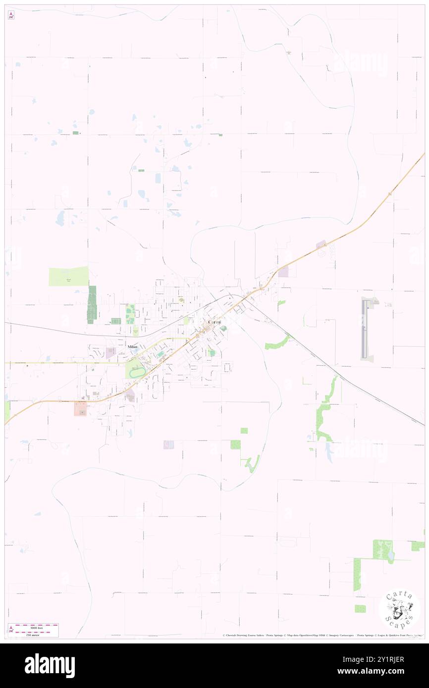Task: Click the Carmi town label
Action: [214, 322]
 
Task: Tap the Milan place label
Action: [132, 347]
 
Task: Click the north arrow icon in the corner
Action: [11, 16]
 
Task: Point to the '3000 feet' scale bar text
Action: [36, 628]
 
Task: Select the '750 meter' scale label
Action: [36, 634]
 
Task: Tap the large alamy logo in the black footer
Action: [50, 666]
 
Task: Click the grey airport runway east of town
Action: [366, 329]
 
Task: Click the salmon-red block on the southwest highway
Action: [80, 409]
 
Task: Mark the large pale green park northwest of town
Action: [68, 276]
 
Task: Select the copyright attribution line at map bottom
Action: [322, 635]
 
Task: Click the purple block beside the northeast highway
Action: [283, 271]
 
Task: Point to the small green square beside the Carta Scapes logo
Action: [360, 608]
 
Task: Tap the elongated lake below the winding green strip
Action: [329, 451]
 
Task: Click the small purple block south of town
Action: [169, 444]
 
